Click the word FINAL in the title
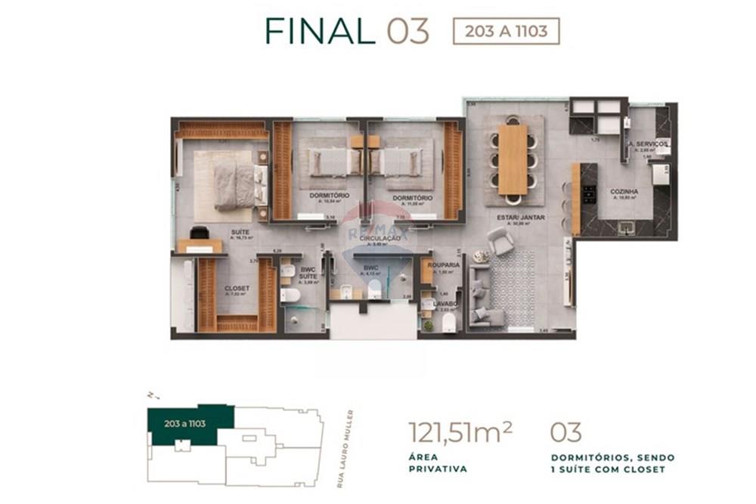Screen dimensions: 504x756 coord(320,31)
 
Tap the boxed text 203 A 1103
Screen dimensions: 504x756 coord(506,32)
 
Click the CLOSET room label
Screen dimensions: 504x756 coord(237,288)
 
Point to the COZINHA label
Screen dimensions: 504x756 coord(624,192)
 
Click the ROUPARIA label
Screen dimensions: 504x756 coord(443,265)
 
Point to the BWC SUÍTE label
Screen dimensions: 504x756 coord(308,273)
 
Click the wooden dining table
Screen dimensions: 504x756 coord(513,159)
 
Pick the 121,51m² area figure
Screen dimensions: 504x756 coord(460,432)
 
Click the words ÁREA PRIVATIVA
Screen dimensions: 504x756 coord(437,462)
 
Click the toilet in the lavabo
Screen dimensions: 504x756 coord(449,323)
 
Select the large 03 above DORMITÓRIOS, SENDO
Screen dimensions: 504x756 coord(565,432)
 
